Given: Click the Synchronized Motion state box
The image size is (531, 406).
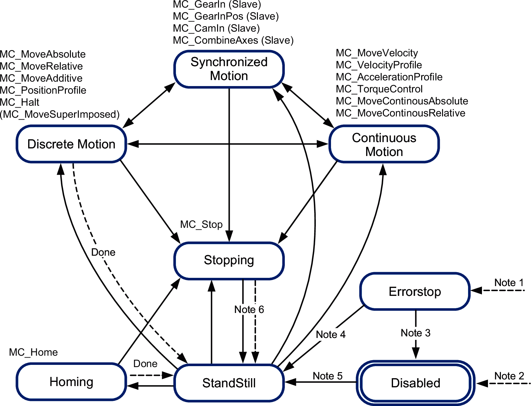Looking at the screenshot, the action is (x=229, y=69).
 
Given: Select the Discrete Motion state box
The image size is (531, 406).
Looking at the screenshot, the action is (x=72, y=144).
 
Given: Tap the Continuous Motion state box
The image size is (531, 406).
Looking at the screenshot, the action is (x=384, y=144).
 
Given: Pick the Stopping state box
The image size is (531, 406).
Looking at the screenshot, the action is (x=229, y=260).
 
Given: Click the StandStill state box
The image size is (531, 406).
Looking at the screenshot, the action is (x=229, y=383).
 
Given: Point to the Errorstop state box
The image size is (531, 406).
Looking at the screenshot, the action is (x=415, y=291).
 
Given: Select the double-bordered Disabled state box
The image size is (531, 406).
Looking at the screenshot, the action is (x=415, y=383).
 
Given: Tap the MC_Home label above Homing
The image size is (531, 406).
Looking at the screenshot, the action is (x=33, y=353).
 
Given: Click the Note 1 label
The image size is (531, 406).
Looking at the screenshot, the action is (x=509, y=283).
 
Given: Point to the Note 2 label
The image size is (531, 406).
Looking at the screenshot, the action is (x=509, y=376).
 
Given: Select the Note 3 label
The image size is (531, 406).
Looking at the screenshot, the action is (x=415, y=333).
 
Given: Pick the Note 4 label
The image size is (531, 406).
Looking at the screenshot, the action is (x=331, y=335).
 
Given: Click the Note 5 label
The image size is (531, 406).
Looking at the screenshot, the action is (x=328, y=376).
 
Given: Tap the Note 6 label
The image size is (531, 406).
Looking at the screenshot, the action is (x=249, y=309).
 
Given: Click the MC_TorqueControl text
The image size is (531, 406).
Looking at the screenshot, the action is (x=379, y=89).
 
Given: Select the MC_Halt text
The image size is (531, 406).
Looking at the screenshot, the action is (x=20, y=102).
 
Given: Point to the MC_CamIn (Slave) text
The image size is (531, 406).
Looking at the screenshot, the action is (x=216, y=28).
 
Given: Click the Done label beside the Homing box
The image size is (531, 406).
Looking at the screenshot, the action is (x=145, y=364).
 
